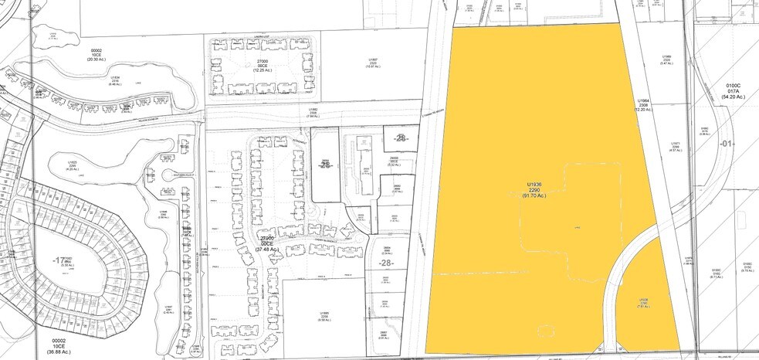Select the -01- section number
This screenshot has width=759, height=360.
pos(727,144)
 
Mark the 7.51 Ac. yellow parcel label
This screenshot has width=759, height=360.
pos(642,304)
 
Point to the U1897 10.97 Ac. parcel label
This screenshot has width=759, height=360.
pos(373,63)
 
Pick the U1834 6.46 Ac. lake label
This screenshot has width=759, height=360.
pos(114,81)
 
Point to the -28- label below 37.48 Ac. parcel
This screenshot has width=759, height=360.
pos(385,264)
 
